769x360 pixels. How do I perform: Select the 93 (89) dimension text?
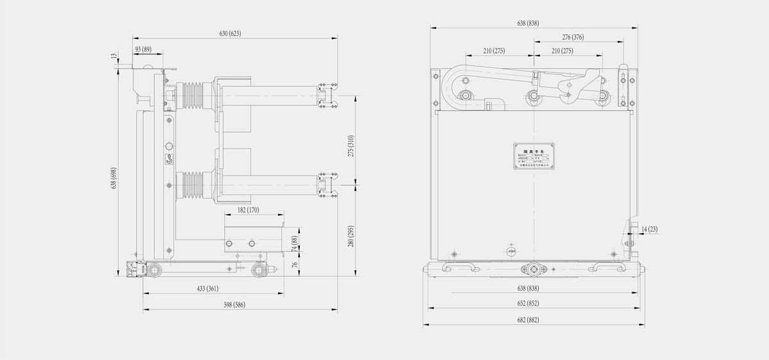142,49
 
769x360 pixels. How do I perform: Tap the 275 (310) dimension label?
351,147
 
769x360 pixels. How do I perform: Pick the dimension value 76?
295,266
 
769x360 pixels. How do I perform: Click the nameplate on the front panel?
533,155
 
